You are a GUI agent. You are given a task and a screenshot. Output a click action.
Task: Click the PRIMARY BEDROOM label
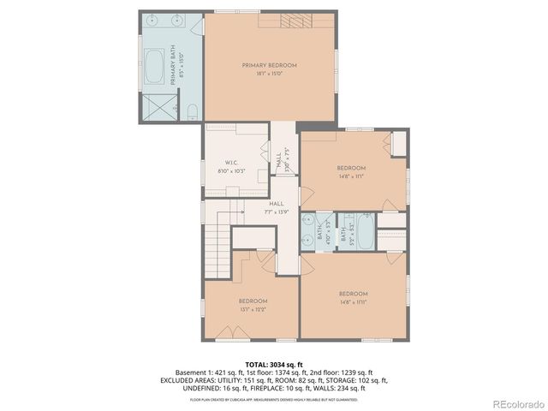tap(269, 66)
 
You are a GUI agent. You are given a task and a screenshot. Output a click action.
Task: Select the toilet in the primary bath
tap(192, 110)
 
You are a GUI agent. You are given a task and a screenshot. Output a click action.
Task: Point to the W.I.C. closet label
tap(230, 163)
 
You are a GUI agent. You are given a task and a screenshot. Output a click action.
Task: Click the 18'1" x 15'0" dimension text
tap(269, 74)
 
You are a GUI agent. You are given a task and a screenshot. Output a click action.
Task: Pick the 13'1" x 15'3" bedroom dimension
tap(253, 309)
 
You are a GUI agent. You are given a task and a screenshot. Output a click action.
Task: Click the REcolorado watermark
tap(515, 402)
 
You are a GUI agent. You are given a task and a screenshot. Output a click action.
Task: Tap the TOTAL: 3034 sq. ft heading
tap(273, 365)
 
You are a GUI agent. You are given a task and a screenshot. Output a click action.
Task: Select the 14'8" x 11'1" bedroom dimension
tap(351, 176)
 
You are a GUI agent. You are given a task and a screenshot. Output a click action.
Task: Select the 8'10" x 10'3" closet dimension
tap(230, 170)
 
